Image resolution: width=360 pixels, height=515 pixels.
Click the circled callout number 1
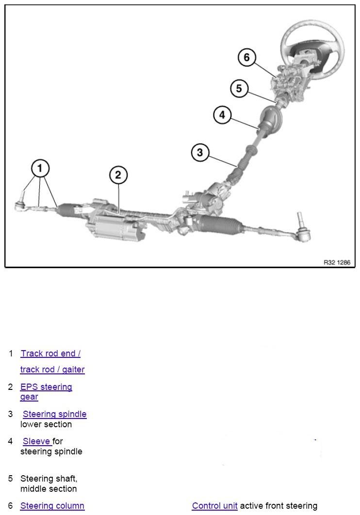pos(40,169)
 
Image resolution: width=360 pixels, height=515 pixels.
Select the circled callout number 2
pos(118,175)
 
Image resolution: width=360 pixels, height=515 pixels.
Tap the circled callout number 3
pos(200,153)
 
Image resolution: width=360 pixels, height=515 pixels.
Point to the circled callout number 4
pos(222,115)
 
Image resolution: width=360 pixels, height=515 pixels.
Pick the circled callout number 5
pos(239,89)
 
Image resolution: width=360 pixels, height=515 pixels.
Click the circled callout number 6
pos(246,58)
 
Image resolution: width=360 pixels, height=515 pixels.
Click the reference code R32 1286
pos(337,262)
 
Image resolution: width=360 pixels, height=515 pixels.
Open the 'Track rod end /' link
pos(50,354)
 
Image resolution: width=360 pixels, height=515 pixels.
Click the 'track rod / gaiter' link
pos(52,370)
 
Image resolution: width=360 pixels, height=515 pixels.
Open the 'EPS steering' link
pos(46,387)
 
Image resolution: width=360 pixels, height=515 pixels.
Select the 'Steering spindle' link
pos(55,414)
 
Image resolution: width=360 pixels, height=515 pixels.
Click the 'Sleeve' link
pos(37,441)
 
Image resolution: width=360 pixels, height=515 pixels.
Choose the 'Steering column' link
pos(52,506)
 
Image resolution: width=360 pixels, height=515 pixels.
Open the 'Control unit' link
pos(214,506)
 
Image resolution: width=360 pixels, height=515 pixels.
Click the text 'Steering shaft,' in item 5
pos(49,479)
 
